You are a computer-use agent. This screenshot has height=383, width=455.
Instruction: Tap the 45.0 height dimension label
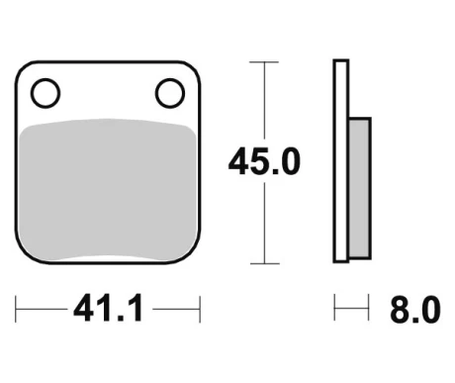pyautogui.click(x=264, y=161)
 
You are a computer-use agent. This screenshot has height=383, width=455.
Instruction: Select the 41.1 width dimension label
pyautogui.click(x=108, y=308)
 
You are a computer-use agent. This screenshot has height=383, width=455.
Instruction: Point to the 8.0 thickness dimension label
pyautogui.click(x=415, y=310)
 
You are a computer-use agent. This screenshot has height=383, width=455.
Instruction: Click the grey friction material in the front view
pyautogui.click(x=108, y=190)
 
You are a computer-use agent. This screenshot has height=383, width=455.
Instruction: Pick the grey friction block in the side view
pyautogui.click(x=359, y=188)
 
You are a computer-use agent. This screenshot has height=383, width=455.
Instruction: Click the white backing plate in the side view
pyautogui.click(x=341, y=161)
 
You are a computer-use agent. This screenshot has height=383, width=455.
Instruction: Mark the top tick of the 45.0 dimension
pyautogui.click(x=264, y=62)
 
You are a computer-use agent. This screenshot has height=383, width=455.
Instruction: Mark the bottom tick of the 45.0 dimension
pyautogui.click(x=265, y=263)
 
